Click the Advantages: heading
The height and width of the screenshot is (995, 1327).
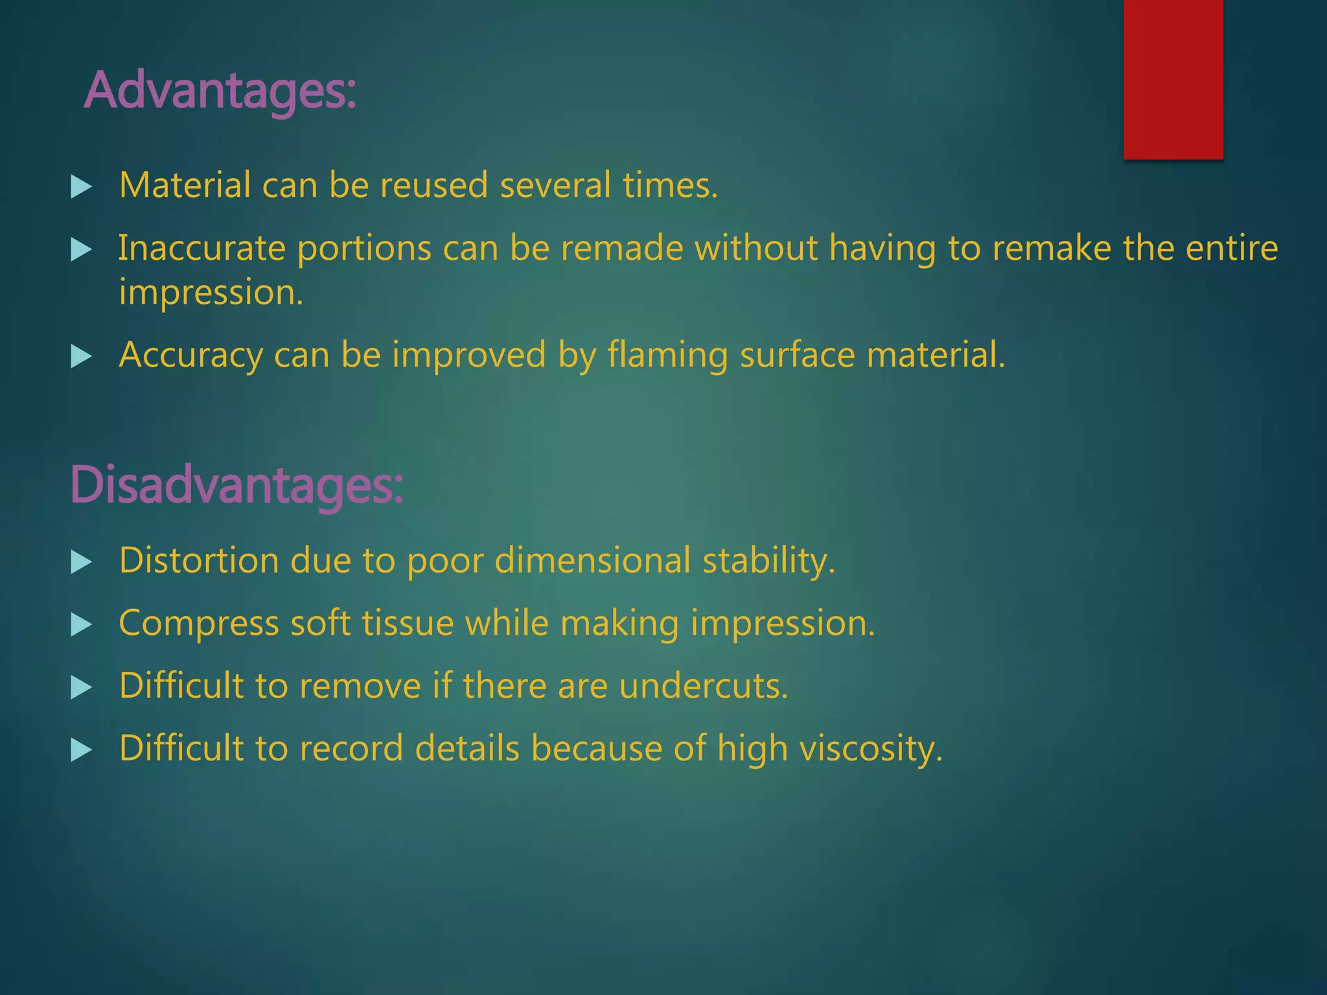pos(220,91)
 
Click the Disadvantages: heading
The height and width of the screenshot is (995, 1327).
pos(237,485)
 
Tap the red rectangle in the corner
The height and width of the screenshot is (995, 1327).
pos(1173,79)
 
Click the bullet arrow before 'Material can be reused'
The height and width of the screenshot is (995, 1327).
pos(81,187)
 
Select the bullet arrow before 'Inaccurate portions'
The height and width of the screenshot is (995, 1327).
pos(81,249)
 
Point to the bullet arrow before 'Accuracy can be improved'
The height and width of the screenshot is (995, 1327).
pos(81,356)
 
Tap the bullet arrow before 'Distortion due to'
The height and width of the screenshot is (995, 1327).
pos(81,562)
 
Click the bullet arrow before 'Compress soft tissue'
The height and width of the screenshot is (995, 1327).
pos(81,624)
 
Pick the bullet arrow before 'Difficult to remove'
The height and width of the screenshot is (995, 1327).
pos(81,687)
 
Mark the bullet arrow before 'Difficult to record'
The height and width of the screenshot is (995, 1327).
pos(81,749)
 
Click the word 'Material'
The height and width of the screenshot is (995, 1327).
pos(185,185)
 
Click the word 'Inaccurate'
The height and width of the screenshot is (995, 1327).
pos(202,248)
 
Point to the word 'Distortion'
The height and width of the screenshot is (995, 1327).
pos(199,560)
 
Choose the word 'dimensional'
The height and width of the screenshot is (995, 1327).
pos(592,560)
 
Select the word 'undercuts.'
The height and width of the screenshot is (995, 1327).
pos(703,685)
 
